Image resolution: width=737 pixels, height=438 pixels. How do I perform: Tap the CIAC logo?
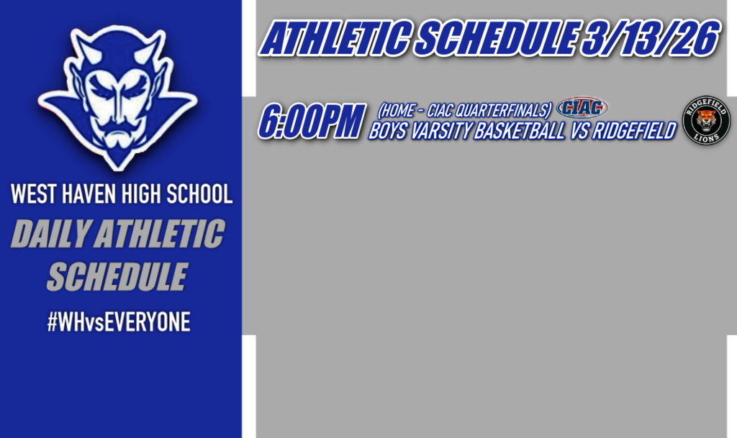(x=582, y=109)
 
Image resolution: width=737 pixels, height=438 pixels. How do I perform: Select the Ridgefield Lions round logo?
(x=706, y=121)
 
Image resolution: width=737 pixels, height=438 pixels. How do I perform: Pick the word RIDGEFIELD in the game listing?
(x=634, y=132)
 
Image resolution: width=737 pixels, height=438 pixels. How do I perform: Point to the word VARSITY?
(x=435, y=132)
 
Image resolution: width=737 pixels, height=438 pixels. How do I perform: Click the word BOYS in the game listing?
(x=387, y=132)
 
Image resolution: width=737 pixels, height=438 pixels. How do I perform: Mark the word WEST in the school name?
(x=34, y=194)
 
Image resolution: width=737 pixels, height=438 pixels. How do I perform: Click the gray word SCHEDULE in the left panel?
(x=117, y=276)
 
